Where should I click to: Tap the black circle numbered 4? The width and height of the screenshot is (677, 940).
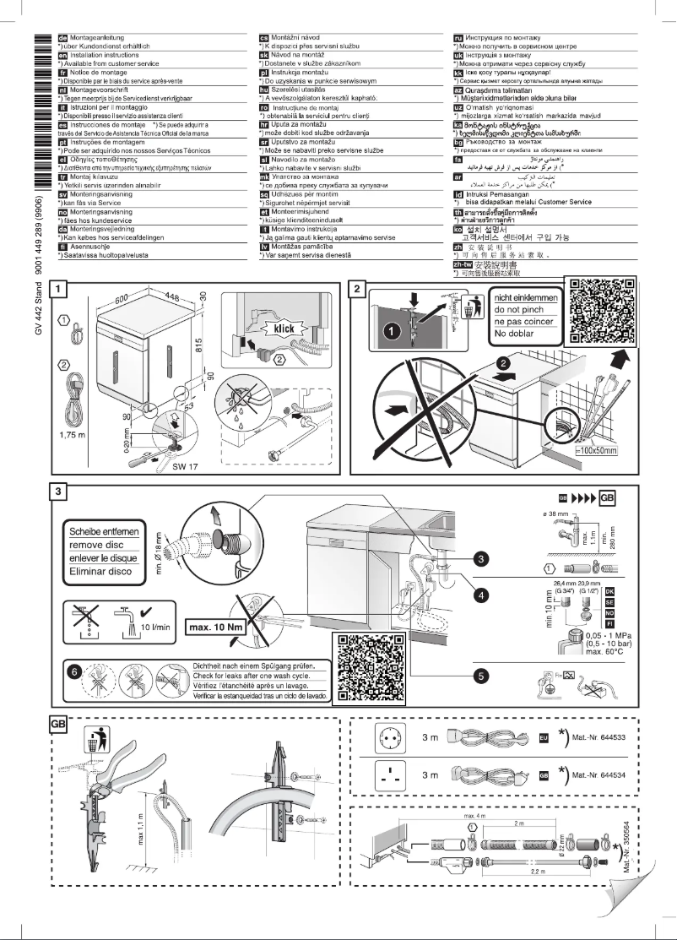(x=480, y=595)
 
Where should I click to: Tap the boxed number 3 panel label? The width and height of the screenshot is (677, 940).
(x=58, y=492)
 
